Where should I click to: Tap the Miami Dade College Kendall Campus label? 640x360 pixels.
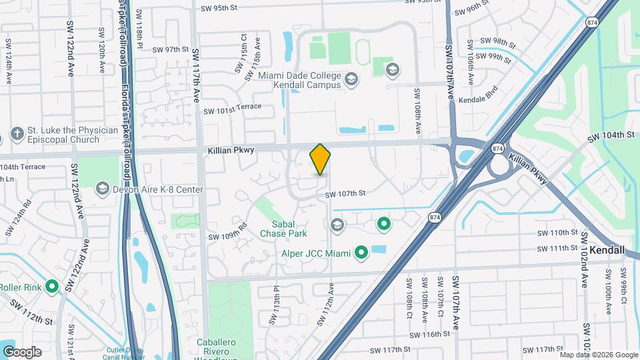coord(293,81)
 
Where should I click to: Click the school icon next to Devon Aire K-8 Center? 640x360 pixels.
coord(102,190)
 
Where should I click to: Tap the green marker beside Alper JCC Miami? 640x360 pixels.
coord(361,253)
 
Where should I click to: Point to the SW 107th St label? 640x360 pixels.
coord(345,195)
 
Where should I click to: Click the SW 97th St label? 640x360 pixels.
coord(171,49)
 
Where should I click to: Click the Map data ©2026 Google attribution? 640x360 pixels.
coord(598,355)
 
